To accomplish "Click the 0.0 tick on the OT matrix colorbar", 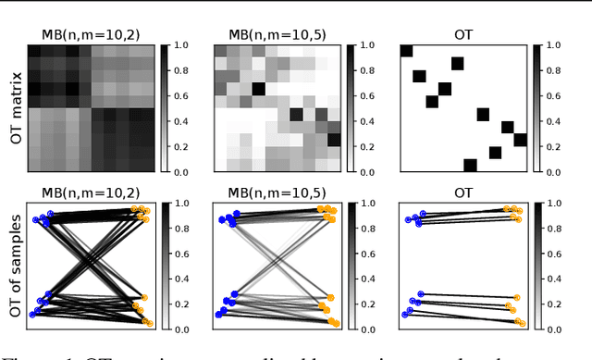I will (x=551, y=172).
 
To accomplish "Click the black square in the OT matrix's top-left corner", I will (x=407, y=51).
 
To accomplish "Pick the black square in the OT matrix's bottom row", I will (x=470, y=166).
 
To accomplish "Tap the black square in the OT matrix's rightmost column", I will (x=520, y=140).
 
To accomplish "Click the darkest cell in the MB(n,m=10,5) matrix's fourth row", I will (x=259, y=89).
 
